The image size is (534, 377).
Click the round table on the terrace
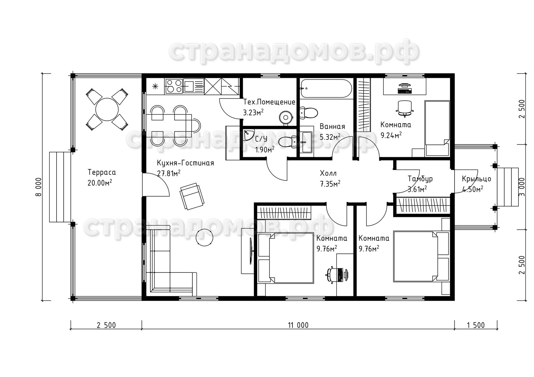click(x=107, y=109)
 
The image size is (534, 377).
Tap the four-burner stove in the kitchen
click(x=174, y=86)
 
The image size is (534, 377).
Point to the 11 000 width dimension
click(x=298, y=325)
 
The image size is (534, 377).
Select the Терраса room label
click(x=102, y=172)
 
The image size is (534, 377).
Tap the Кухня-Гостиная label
click(x=186, y=163)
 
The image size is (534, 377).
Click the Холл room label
click(x=328, y=173)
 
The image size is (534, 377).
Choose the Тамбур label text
click(x=420, y=179)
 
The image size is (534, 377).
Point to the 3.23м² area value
click(x=253, y=112)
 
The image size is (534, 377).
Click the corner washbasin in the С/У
click(x=249, y=135)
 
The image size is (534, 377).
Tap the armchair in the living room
click(x=192, y=196)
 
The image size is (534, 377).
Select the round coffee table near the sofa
click(x=204, y=238)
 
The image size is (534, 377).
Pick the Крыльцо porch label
click(x=476, y=179)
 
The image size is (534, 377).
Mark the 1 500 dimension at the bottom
click(x=476, y=325)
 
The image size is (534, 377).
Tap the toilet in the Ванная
click(x=309, y=113)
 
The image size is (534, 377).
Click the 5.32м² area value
click(x=330, y=137)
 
